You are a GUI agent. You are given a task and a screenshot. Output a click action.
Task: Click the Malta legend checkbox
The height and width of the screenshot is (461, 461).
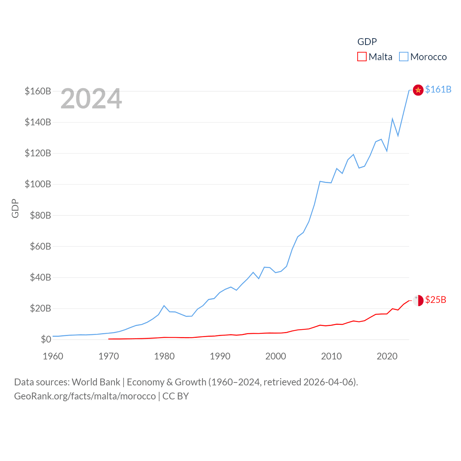362,57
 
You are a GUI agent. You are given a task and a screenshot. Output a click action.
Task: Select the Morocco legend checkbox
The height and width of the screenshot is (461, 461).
404,57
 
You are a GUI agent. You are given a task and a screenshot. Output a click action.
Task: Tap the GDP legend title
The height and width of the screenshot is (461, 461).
367,42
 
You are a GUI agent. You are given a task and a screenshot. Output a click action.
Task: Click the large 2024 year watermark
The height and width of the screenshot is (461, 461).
91,99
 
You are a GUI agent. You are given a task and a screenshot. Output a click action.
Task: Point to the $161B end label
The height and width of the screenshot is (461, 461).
438,89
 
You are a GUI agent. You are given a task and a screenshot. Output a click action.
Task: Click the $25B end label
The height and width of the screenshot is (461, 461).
435,300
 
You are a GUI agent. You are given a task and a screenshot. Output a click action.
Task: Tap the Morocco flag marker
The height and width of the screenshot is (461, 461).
418,90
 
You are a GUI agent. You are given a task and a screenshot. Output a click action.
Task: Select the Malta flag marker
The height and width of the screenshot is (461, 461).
418,300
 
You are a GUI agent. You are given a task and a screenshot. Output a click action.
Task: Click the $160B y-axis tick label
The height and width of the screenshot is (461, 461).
38,91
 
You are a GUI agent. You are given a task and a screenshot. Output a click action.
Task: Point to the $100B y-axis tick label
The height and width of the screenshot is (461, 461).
38,184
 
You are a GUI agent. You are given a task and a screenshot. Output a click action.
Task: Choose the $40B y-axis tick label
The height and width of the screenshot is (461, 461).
40,277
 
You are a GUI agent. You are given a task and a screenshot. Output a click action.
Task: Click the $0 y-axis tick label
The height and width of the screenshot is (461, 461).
46,339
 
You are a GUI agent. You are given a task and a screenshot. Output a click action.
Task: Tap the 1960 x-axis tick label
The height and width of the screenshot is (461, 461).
53,356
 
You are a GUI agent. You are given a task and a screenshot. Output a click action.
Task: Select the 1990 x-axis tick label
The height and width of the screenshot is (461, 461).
220,356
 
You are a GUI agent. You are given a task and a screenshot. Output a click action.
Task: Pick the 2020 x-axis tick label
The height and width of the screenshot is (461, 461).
387,356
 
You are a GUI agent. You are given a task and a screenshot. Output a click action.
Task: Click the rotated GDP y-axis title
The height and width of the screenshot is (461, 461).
15,208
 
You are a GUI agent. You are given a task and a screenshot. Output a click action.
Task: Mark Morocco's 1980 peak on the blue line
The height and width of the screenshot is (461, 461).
164,306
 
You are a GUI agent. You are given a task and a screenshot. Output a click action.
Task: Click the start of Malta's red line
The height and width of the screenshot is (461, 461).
109,339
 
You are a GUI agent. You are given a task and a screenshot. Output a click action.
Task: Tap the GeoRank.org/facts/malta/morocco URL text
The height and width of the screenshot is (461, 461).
85,396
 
